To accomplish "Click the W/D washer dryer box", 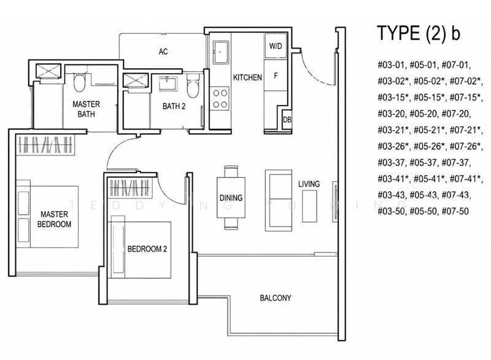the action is (276, 46).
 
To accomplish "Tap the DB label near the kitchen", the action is (287, 120).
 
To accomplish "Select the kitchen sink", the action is (221, 52).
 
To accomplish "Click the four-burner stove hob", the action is (220, 98).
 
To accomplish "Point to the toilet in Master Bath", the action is (79, 82).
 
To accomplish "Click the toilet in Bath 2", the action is (193, 86).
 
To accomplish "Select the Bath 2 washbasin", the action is (168, 84).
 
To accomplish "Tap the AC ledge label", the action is (163, 52).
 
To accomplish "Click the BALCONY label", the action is (275, 298).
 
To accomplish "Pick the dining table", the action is (231, 197).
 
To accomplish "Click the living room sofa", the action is (279, 200).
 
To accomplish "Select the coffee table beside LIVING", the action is (309, 206).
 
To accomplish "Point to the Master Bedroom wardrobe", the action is (45, 145).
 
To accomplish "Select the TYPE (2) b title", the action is (419, 33).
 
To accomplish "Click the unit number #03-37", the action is (392, 163).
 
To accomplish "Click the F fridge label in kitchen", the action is (276, 76).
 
